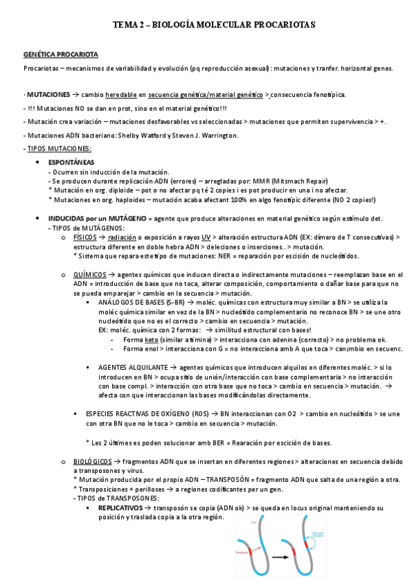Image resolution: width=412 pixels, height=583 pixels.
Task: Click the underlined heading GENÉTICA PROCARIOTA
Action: (61, 54)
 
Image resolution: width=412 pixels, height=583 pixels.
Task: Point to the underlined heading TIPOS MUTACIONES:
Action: (58, 148)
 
